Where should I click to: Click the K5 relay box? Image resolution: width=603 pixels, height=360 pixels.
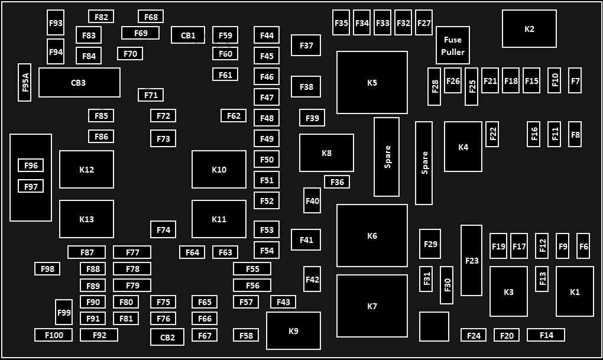[x=372, y=82]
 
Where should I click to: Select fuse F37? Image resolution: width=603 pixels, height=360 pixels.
[x=306, y=46]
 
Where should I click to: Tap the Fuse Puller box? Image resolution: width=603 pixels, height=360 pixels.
[x=453, y=46]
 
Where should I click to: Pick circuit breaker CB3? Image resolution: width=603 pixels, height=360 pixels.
[x=79, y=82]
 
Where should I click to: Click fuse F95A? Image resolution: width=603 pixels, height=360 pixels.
[x=25, y=82]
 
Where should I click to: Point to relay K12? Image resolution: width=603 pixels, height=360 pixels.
[x=86, y=169]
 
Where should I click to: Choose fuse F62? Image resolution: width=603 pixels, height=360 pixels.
[x=234, y=116]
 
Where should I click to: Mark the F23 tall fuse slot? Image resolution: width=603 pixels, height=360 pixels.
[x=472, y=260]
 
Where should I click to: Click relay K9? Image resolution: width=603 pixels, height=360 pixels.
[x=293, y=331]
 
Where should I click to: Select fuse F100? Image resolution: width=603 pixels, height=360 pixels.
[x=53, y=335]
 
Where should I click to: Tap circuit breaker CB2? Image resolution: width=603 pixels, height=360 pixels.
[x=167, y=337]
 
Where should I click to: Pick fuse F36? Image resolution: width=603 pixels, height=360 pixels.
[x=337, y=182]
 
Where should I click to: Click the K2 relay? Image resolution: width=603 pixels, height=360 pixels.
[x=529, y=29]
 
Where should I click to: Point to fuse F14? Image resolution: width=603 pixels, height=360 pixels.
[x=546, y=335]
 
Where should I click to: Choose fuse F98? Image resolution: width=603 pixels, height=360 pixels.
[x=47, y=269]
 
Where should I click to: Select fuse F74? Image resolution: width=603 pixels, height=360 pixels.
[x=163, y=229]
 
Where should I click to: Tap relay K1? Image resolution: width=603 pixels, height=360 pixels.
[x=575, y=291]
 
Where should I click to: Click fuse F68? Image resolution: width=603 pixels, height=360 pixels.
[x=151, y=17]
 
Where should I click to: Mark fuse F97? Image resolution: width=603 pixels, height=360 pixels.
[x=31, y=186]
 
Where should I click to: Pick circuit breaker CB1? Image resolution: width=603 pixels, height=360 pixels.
[x=188, y=35]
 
